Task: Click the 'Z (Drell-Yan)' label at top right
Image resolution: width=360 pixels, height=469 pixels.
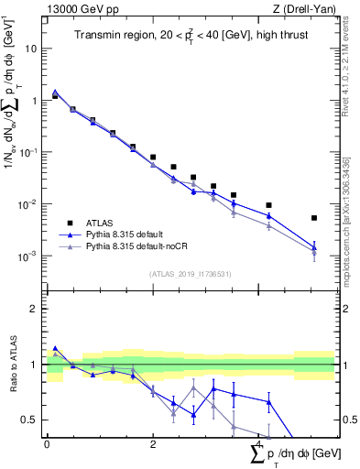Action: [x=304, y=9]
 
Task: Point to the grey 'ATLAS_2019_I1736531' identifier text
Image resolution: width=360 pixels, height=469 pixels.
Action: [x=190, y=274]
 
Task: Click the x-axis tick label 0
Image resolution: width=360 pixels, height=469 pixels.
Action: [x=47, y=444]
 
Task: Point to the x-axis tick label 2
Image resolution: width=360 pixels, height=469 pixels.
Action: [x=153, y=444]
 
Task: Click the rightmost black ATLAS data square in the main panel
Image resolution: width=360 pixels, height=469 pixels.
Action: [x=314, y=218]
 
